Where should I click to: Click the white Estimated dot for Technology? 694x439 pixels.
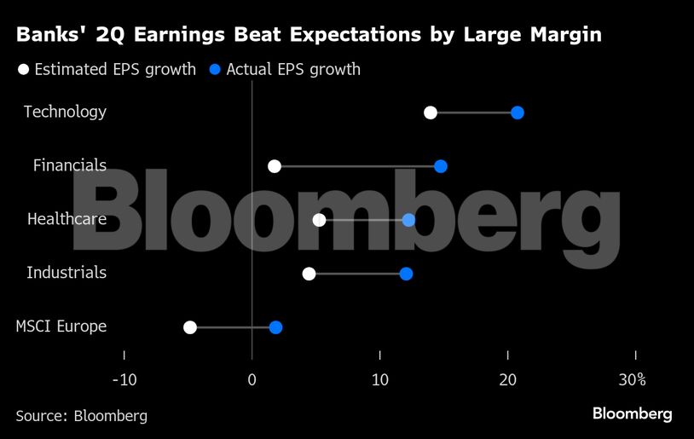431,113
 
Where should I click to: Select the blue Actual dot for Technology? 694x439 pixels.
517,113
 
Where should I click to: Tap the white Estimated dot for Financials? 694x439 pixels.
274,166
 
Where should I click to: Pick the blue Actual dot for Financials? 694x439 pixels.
440,166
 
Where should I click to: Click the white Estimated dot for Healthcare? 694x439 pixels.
319,220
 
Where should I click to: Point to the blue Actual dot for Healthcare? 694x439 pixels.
408,220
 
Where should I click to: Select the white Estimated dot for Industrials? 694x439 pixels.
309,274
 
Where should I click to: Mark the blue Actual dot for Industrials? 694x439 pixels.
406,274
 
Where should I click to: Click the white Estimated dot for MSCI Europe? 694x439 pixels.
190,327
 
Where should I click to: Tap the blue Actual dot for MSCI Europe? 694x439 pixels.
275,327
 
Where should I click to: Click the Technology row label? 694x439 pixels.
65,112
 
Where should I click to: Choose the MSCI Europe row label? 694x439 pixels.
61,326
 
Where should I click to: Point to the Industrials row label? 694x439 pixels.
67,273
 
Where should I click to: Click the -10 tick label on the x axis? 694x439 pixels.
124,378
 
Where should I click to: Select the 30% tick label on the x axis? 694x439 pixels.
633,378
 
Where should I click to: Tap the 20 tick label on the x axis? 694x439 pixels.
508,378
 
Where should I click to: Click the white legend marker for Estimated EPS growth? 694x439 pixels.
24,70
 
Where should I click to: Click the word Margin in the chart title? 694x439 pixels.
563,36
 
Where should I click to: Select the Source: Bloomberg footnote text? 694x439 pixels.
81,416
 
